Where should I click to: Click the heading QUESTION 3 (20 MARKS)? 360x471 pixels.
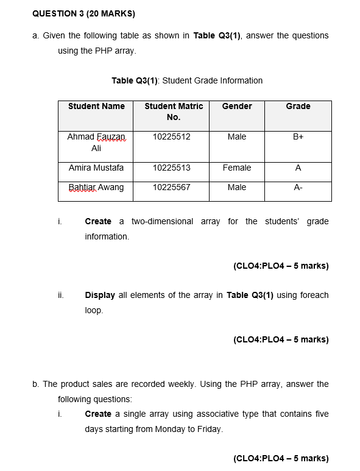(x=83, y=13)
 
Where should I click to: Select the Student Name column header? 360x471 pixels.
(x=96, y=107)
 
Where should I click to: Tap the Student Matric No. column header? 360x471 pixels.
(x=174, y=112)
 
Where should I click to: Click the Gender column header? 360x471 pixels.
(x=237, y=107)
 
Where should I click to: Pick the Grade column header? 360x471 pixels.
(x=298, y=107)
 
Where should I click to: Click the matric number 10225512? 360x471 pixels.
(x=171, y=137)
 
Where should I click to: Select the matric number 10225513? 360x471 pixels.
(x=171, y=168)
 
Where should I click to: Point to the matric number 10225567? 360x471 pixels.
(x=171, y=188)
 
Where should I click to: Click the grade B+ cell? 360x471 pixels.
(x=298, y=137)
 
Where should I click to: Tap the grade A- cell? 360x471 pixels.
(x=298, y=188)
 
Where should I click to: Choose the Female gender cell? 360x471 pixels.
(x=237, y=168)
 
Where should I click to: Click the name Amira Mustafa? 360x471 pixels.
(x=96, y=168)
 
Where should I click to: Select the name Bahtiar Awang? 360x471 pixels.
(x=96, y=188)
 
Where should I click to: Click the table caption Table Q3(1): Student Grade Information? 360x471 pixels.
(x=187, y=80)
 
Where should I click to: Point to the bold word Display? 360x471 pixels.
(x=100, y=295)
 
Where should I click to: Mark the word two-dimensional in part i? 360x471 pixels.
(x=163, y=221)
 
